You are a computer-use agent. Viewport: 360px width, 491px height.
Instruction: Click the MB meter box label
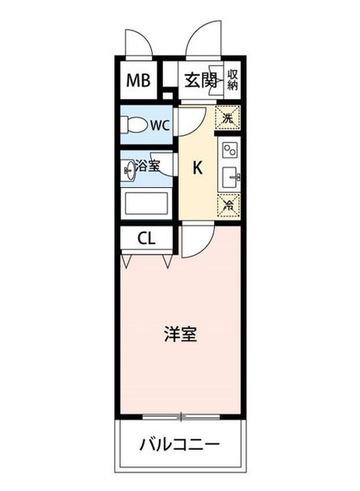(139, 80)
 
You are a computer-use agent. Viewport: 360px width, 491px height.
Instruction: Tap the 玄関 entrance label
(200, 81)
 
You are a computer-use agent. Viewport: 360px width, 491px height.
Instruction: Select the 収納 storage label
(232, 79)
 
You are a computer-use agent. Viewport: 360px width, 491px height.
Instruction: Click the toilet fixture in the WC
(134, 125)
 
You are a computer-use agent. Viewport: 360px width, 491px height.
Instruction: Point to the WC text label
(160, 125)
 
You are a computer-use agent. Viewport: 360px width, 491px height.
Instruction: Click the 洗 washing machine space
(228, 118)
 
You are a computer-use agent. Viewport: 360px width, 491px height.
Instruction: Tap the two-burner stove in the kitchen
(230, 150)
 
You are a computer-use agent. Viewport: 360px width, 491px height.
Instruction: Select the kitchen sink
(231, 178)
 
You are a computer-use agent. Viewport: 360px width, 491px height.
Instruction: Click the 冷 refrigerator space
(228, 206)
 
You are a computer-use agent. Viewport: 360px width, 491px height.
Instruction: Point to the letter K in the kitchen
(197, 168)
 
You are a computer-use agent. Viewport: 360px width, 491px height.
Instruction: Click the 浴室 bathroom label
(147, 166)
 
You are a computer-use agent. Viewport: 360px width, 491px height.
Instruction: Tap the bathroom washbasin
(129, 171)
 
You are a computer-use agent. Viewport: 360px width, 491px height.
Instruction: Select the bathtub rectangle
(146, 203)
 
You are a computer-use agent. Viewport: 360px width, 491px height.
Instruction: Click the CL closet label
(146, 239)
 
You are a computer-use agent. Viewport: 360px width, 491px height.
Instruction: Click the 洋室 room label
(181, 334)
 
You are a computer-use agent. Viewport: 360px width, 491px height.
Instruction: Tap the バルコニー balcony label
(180, 444)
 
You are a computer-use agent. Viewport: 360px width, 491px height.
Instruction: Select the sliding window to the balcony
(181, 417)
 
